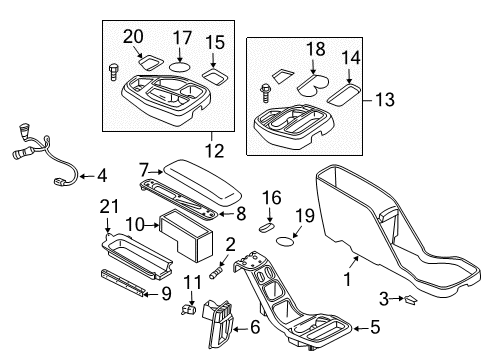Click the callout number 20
coord(132,37)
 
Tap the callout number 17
coord(182,37)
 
